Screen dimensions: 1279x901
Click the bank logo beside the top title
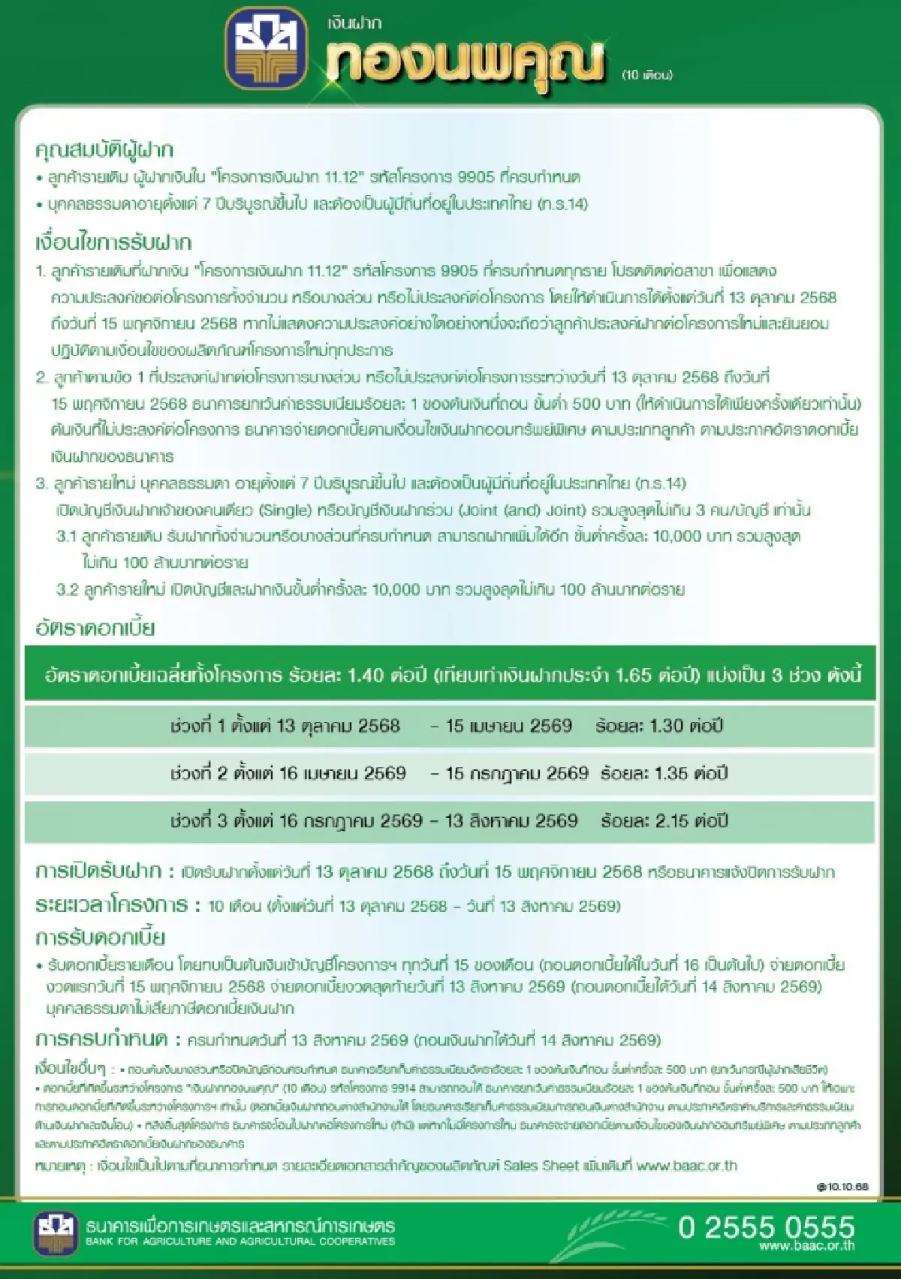pyautogui.click(x=267, y=50)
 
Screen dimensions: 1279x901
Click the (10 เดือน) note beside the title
pyautogui.click(x=646, y=74)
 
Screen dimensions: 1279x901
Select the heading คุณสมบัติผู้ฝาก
pyautogui.click(x=104, y=151)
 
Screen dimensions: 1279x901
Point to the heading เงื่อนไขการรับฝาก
pyautogui.click(x=113, y=242)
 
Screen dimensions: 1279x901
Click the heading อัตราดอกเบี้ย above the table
pyautogui.click(x=95, y=627)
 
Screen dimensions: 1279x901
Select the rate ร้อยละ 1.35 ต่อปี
pyautogui.click(x=664, y=773)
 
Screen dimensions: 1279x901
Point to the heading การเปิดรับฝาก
pyautogui.click(x=98, y=871)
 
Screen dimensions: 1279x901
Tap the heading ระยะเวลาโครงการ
pyautogui.click(x=112, y=905)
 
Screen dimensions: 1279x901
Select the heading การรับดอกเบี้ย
pyautogui.click(x=101, y=937)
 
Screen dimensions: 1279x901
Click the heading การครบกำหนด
pyautogui.click(x=101, y=1040)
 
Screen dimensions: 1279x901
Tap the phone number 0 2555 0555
pyautogui.click(x=766, y=1227)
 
